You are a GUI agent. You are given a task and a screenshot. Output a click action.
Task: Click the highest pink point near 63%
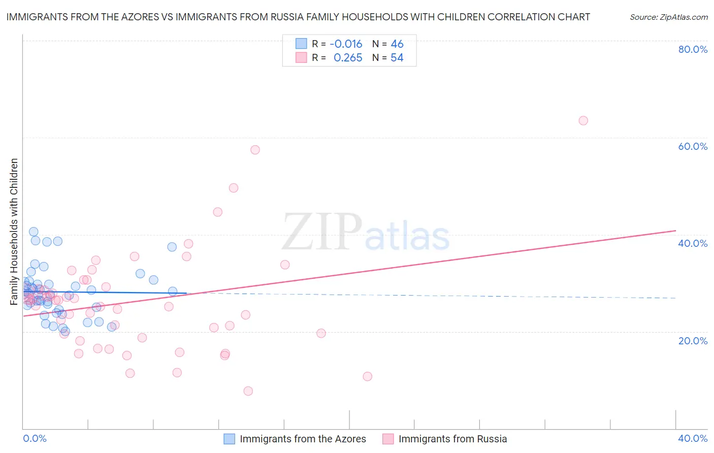click(x=583, y=120)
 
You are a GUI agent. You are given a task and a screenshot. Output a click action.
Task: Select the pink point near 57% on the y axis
click(x=255, y=150)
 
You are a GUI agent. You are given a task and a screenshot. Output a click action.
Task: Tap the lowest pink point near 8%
click(x=248, y=391)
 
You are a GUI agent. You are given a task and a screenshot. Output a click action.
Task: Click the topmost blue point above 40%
click(x=34, y=232)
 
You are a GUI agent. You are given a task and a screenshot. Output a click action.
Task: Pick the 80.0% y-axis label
click(x=693, y=49)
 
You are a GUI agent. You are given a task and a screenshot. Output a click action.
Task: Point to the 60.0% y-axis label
click(x=693, y=146)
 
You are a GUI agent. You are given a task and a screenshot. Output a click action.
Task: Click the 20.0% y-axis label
click(x=693, y=341)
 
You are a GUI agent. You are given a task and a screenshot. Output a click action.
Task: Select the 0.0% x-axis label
click(x=35, y=438)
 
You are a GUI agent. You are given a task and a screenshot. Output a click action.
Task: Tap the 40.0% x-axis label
click(x=693, y=438)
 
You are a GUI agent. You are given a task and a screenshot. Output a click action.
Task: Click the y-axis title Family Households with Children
click(x=14, y=232)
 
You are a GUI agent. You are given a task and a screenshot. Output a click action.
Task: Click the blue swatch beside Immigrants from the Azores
click(x=230, y=439)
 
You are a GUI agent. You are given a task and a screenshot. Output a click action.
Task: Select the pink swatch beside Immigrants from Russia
click(x=388, y=439)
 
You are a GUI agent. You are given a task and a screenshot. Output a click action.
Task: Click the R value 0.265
click(x=348, y=58)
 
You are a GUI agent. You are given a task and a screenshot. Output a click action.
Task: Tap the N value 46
click(x=397, y=44)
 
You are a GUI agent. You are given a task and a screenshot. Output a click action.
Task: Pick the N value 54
click(x=397, y=58)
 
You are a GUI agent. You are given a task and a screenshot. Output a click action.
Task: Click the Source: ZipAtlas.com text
click(x=668, y=17)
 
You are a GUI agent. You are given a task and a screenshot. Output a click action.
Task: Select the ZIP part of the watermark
click(x=322, y=233)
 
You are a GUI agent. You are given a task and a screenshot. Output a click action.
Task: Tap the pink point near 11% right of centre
click(x=367, y=376)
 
